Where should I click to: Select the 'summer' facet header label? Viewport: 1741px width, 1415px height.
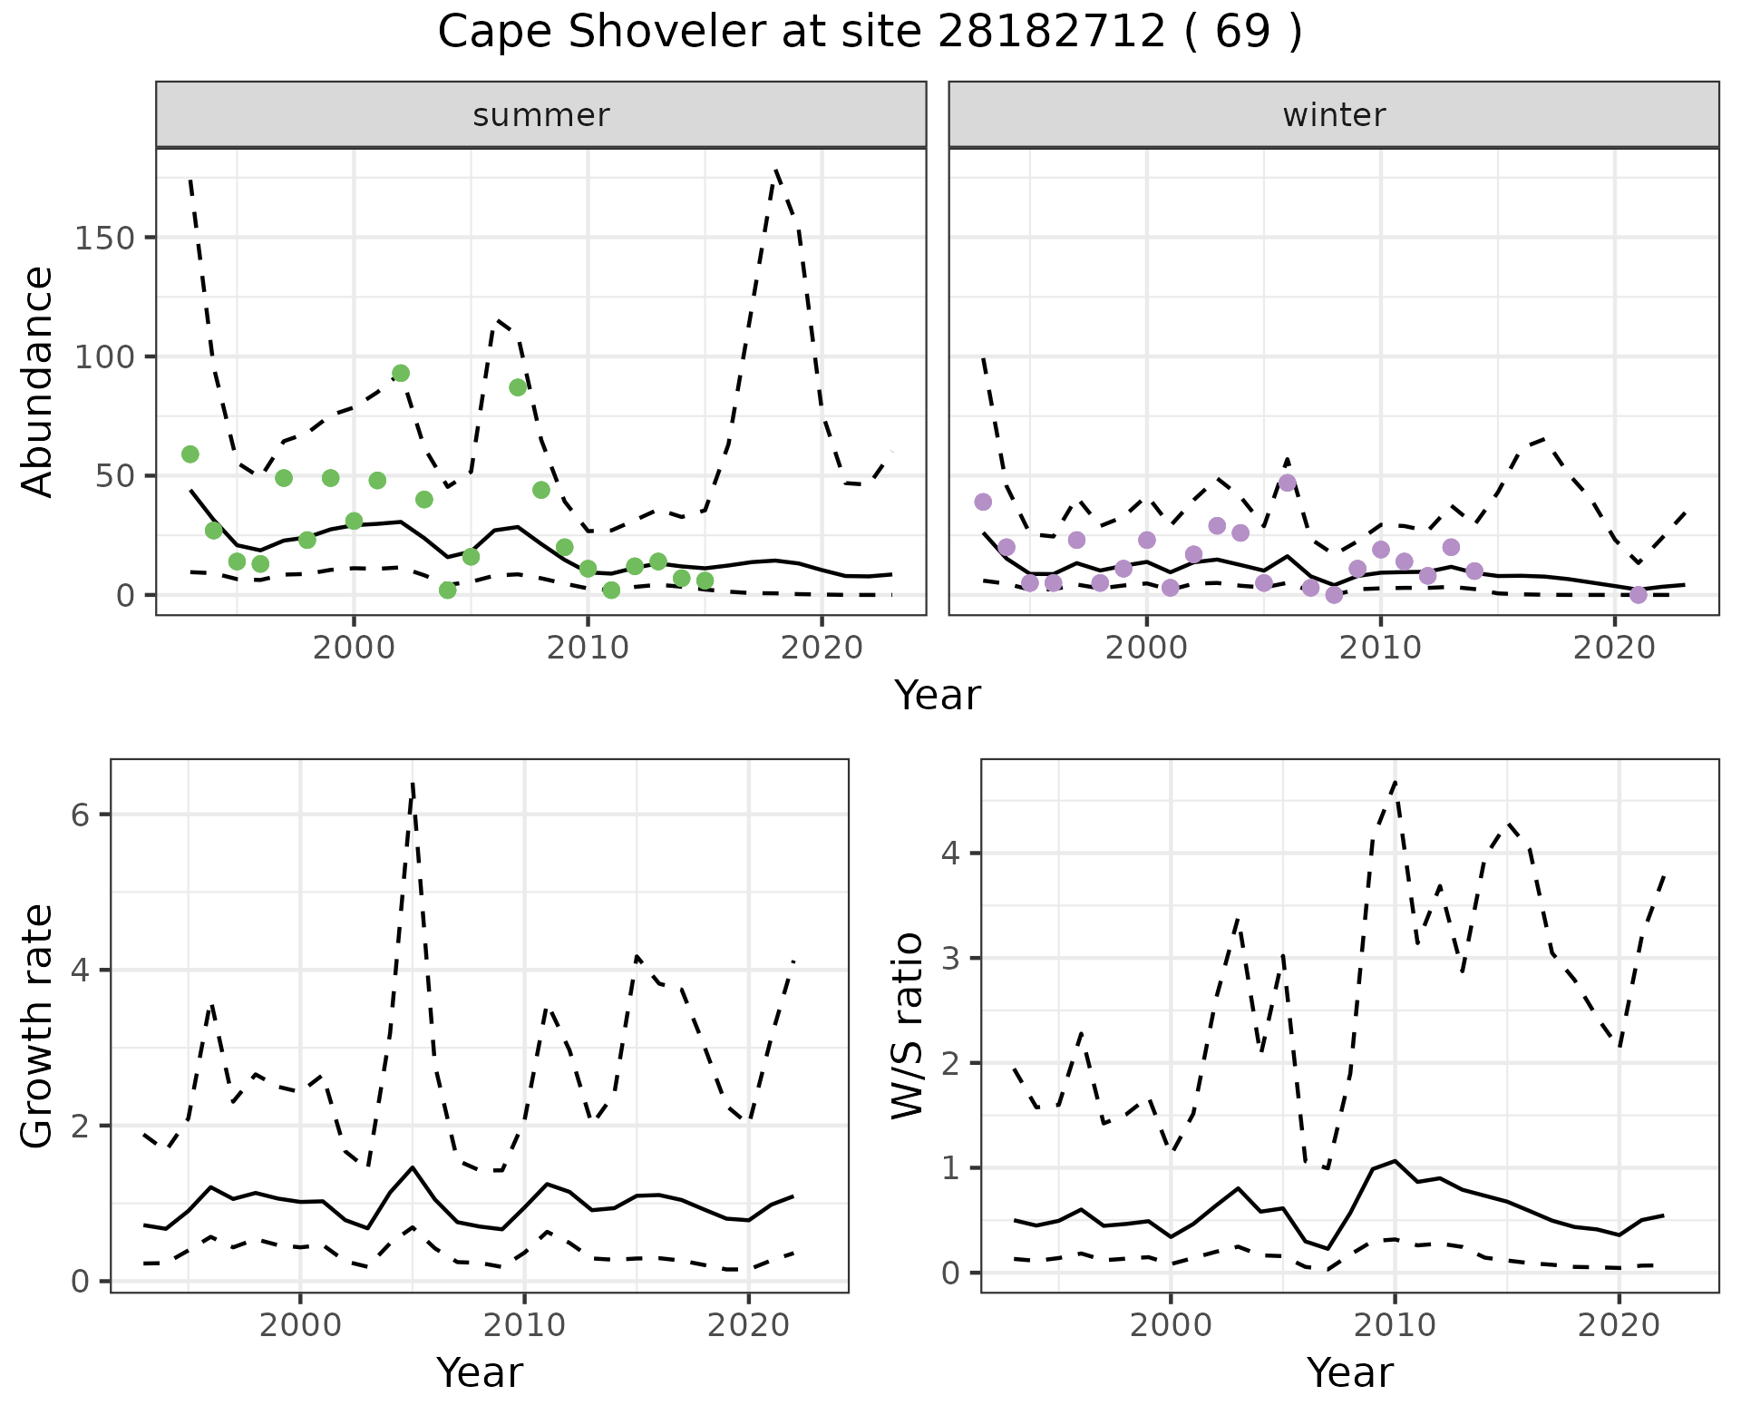(540, 115)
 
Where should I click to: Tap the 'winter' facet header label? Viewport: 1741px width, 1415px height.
(1333, 115)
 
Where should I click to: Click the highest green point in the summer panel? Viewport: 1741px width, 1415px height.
(401, 374)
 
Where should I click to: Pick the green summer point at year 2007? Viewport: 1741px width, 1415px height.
(518, 387)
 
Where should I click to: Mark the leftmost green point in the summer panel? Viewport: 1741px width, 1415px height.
(190, 454)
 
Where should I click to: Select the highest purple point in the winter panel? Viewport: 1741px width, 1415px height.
(1287, 483)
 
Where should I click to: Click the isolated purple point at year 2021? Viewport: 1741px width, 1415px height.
(1638, 595)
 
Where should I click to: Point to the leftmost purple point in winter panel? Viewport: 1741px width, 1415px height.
(983, 502)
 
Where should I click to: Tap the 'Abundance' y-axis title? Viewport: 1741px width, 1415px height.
(37, 382)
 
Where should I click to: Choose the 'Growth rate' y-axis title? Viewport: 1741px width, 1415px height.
(37, 1026)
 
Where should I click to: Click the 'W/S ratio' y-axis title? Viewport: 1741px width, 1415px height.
(908, 1026)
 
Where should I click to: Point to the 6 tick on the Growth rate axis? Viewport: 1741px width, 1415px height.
(80, 815)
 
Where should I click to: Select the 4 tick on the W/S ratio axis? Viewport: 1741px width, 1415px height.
(950, 854)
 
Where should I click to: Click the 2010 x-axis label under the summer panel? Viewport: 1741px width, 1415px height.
(588, 648)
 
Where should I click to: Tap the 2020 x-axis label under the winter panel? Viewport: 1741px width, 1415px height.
(1614, 648)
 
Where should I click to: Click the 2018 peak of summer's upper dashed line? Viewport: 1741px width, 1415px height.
(776, 171)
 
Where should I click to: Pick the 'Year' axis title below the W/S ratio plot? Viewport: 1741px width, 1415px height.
(1349, 1372)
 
